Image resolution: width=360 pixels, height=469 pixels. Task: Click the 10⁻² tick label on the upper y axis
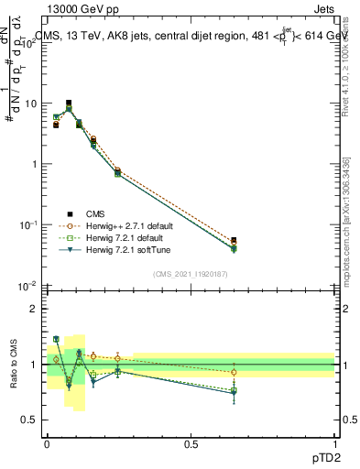coord(27,286)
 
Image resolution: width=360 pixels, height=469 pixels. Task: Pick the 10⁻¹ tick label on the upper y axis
coord(27,225)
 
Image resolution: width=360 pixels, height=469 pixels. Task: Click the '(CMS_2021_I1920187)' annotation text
coord(191,273)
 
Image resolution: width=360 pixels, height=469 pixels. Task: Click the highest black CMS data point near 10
coord(69,104)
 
